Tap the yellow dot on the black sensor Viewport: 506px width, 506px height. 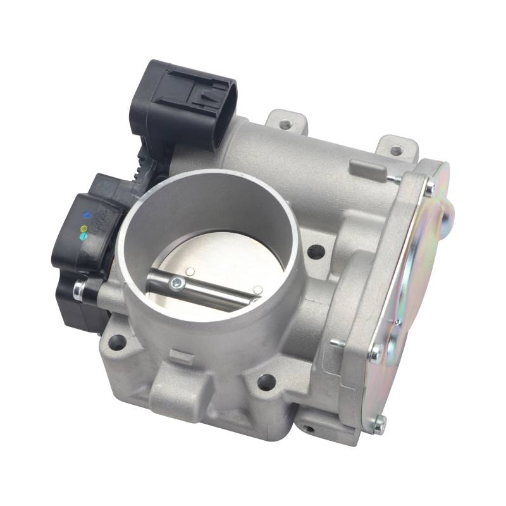point(82,228)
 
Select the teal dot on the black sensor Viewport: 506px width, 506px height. point(83,237)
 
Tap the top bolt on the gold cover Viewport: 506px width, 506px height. point(429,188)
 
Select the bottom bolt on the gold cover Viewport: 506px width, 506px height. point(379,423)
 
